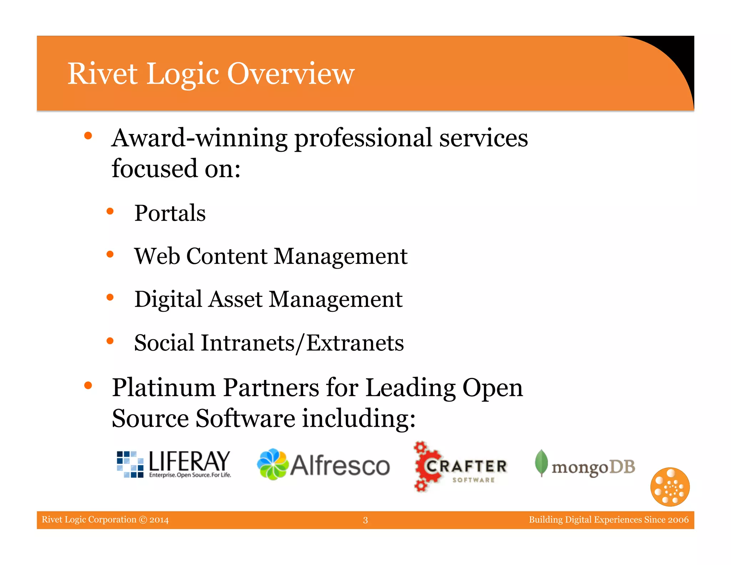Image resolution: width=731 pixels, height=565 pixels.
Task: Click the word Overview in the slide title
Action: pyautogui.click(x=291, y=74)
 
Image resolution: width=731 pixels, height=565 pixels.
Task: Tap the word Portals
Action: pyautogui.click(x=170, y=213)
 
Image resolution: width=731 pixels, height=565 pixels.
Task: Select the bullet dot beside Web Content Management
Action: pyautogui.click(x=110, y=255)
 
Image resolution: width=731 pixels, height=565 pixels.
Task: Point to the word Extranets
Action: pyautogui.click(x=355, y=343)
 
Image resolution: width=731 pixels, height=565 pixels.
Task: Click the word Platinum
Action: pyautogui.click(x=164, y=387)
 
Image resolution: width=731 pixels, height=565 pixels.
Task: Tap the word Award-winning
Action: pyautogui.click(x=199, y=138)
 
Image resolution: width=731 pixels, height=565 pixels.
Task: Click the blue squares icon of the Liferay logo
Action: pyautogui.click(x=130, y=464)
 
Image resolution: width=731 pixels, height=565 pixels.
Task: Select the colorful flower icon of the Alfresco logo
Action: pyautogui.click(x=273, y=464)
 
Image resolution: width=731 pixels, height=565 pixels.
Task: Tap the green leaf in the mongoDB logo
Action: pyautogui.click(x=541, y=462)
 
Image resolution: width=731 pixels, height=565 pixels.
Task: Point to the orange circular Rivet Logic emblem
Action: pyautogui.click(x=670, y=487)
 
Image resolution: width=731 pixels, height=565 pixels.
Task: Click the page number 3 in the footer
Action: pyautogui.click(x=365, y=520)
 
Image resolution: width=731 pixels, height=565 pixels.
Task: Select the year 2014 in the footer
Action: pyautogui.click(x=159, y=520)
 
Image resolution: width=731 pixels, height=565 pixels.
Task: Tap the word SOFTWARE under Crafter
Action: pyautogui.click(x=473, y=480)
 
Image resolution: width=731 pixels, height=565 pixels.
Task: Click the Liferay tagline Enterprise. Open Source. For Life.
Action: pyautogui.click(x=190, y=475)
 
